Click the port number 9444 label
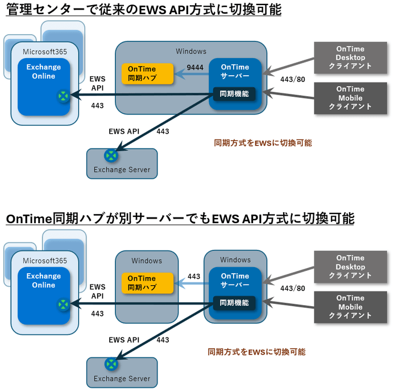[195, 67]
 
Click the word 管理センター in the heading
[37, 10]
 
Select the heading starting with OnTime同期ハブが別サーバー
[180, 219]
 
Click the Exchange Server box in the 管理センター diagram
[122, 163]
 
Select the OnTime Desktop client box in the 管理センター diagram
[350, 58]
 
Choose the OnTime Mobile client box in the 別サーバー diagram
[350, 307]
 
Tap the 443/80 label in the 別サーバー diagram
[292, 288]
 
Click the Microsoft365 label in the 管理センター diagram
[45, 52]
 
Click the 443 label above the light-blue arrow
[194, 276]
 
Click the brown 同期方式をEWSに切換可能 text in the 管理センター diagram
[263, 143]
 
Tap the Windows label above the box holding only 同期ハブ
[147, 261]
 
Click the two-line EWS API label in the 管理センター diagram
[97, 83]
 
